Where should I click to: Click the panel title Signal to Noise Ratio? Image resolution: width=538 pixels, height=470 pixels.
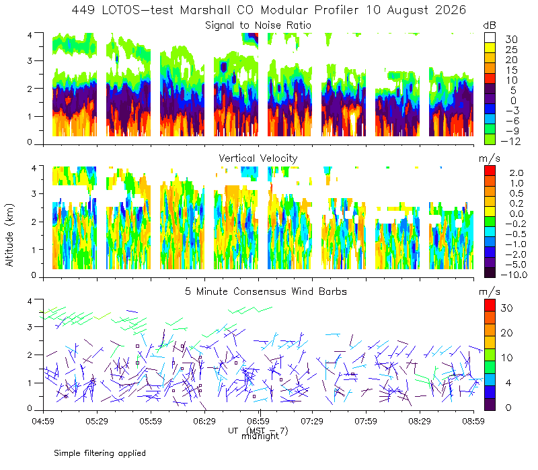point(258,26)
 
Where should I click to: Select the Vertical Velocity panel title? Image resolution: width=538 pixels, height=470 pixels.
point(258,158)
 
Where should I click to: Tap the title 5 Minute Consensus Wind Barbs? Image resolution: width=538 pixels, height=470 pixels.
point(266,291)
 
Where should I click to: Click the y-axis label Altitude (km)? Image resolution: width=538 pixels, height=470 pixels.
point(9,235)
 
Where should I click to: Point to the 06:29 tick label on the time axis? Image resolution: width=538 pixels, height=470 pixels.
point(204,421)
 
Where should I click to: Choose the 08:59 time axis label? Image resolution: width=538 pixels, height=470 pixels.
point(473,421)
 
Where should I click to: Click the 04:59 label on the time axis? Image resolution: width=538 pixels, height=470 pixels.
point(43,421)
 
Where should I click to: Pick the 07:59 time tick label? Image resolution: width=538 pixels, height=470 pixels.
point(366,421)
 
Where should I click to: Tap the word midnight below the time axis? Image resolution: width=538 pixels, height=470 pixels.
point(260,436)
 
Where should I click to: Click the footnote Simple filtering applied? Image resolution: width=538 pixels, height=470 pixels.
point(100,454)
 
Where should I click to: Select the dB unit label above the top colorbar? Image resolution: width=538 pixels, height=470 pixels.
point(490,26)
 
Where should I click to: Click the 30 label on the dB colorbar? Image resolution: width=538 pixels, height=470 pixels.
point(511,40)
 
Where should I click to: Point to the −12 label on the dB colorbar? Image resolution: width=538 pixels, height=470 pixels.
point(510,141)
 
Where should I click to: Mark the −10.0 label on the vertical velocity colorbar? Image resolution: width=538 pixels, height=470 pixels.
point(514,275)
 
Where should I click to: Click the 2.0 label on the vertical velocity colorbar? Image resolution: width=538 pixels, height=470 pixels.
point(516,173)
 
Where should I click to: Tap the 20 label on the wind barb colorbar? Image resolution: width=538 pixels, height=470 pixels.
point(507,333)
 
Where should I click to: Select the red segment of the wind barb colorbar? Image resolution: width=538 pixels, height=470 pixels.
point(490,305)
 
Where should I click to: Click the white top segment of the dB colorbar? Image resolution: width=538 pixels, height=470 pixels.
point(490,38)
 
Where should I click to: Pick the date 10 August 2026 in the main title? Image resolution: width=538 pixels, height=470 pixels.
point(416,10)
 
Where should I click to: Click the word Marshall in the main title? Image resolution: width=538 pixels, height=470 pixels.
point(205,10)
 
